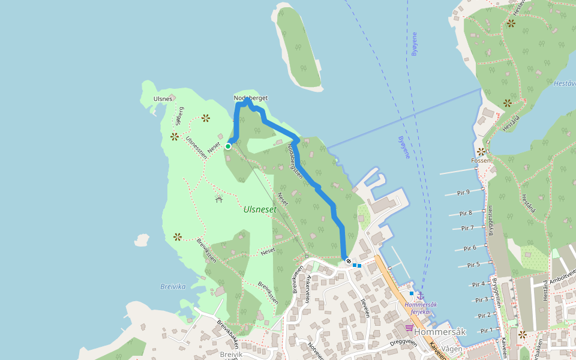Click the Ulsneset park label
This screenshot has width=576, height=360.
tap(260, 209)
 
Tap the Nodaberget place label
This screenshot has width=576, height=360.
tap(250, 98)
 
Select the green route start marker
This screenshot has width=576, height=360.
tap(228, 146)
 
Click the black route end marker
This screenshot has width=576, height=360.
tap(348, 261)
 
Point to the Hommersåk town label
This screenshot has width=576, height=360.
tap(440, 332)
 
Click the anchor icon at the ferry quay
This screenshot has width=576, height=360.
tap(420, 295)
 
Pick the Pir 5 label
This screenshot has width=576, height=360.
tap(473, 265)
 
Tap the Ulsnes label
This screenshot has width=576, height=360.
tap(163, 98)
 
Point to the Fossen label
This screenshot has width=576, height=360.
tap(481, 160)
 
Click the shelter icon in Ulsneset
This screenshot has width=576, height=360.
tap(219, 198)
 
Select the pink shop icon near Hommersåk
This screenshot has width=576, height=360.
tap(409, 328)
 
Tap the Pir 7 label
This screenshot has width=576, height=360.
tap(467, 228)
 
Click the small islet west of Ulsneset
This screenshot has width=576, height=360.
tap(142, 240)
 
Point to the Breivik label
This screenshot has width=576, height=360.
tap(231, 355)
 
